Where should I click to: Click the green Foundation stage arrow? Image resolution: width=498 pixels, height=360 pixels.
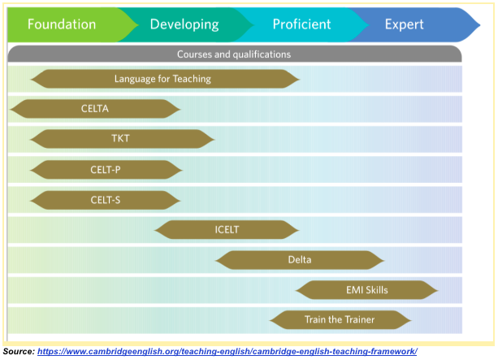point(62,24)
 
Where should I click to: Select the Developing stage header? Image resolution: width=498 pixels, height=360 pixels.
point(184,24)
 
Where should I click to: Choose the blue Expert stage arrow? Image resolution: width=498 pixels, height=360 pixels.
point(405,24)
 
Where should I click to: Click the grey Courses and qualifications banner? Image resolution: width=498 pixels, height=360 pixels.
point(234,54)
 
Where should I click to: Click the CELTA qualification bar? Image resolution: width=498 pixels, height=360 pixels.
point(95,109)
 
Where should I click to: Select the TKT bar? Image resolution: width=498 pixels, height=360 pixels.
point(122,139)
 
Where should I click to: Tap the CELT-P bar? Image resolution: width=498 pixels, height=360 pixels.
point(106,169)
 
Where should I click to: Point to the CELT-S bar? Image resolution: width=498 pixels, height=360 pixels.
point(106,199)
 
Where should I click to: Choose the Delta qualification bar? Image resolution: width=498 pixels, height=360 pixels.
point(300,260)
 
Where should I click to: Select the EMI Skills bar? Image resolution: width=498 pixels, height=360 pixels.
point(366,290)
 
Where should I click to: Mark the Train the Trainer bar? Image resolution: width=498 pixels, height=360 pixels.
point(340,320)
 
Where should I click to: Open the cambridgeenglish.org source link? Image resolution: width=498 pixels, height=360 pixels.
point(227,351)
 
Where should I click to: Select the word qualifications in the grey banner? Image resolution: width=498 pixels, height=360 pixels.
point(258,54)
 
